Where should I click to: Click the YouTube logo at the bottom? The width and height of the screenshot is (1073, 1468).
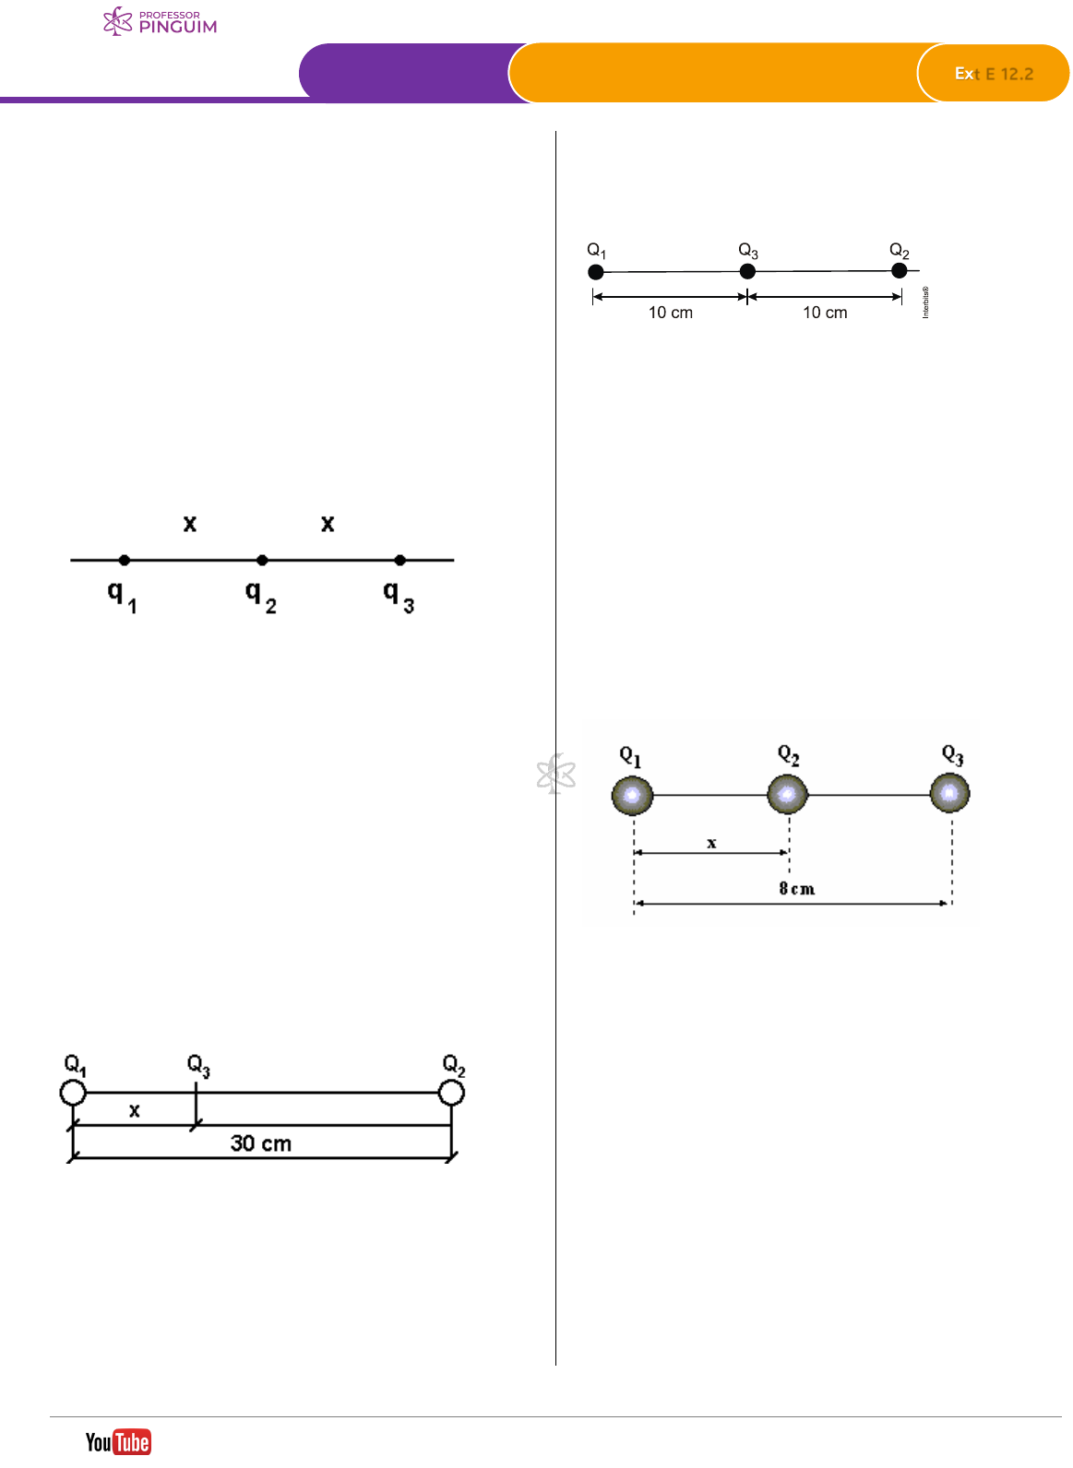click(x=118, y=1441)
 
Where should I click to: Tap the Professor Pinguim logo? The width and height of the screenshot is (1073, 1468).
click(x=161, y=22)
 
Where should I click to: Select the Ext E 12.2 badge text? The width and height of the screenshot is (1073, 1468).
click(x=994, y=74)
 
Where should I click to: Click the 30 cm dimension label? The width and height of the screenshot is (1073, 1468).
click(x=261, y=1143)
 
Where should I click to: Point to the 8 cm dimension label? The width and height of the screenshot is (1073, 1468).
click(x=796, y=889)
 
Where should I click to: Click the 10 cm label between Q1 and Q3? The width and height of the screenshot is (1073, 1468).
click(x=671, y=313)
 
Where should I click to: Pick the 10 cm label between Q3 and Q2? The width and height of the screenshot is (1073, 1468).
click(x=825, y=313)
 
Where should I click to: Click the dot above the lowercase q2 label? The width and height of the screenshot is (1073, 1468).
click(x=262, y=560)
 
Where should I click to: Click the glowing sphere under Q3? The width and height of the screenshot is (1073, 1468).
click(x=949, y=793)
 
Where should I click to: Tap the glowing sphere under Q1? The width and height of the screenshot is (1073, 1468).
click(x=633, y=795)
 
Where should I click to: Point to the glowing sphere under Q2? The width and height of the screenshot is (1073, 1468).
click(x=787, y=794)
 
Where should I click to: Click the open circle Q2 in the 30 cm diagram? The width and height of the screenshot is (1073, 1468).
click(x=451, y=1093)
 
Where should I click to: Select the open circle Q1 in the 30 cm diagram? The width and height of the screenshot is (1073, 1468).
click(x=73, y=1093)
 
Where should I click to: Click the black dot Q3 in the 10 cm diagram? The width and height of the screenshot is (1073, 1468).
click(x=747, y=271)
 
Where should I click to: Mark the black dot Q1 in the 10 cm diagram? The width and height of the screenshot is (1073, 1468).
click(x=596, y=272)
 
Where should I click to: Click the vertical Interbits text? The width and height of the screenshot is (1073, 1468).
click(x=925, y=302)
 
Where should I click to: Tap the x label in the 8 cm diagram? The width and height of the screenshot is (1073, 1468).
click(x=711, y=843)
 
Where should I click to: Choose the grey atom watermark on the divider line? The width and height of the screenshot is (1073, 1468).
click(x=556, y=774)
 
